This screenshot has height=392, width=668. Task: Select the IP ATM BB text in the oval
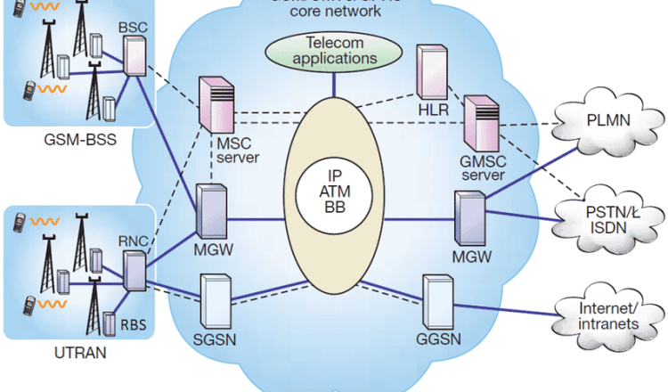334,191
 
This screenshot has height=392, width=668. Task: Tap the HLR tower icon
432,70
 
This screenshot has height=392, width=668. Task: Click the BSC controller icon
135,55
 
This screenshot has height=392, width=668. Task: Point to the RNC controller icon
134,271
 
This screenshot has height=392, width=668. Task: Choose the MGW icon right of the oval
468,214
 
